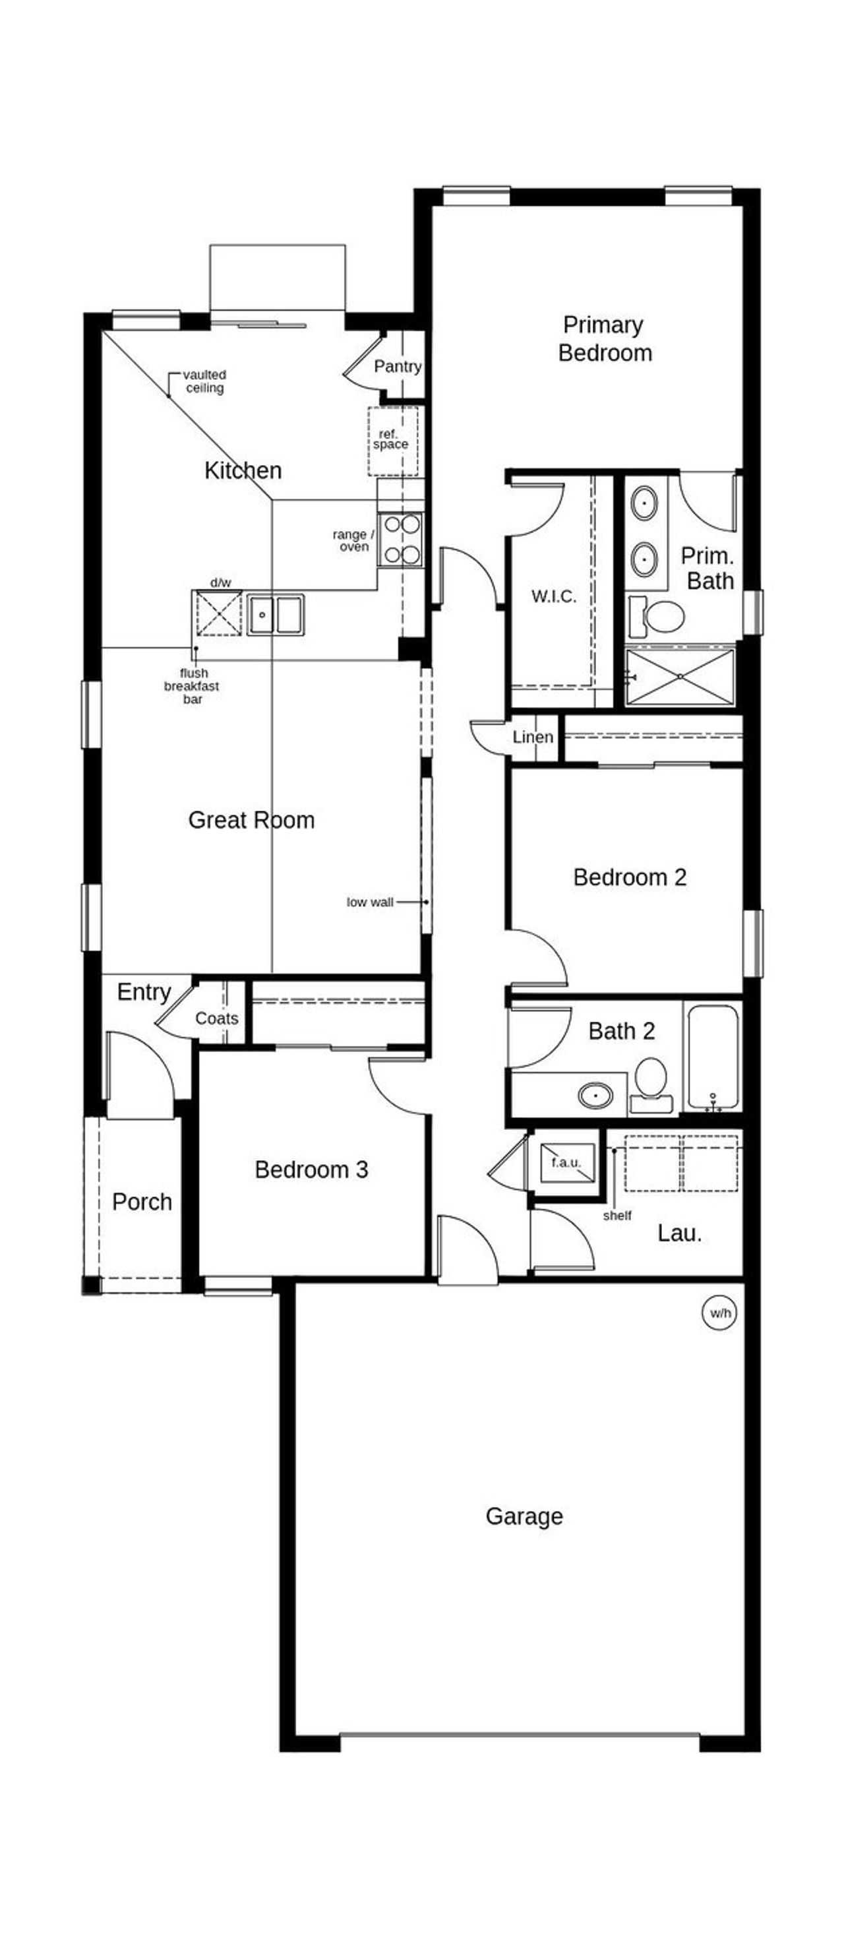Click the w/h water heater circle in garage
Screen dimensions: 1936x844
[x=719, y=1313]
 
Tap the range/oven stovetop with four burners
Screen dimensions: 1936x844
[x=401, y=539]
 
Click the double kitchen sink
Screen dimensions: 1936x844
[x=276, y=614]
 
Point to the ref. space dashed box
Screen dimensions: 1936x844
[x=392, y=441]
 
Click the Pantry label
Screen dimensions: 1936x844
[x=398, y=366]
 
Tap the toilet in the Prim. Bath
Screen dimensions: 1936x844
[x=657, y=616]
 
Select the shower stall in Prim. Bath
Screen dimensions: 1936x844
[x=679, y=676]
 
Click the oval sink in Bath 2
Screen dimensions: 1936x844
[x=595, y=1095]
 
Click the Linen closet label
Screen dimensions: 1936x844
[x=533, y=737]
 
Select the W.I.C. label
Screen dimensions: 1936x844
[x=554, y=597]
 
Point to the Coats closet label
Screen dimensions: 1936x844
[x=216, y=1018]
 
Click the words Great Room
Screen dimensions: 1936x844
[x=251, y=820]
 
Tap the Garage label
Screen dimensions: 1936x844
[x=524, y=1516]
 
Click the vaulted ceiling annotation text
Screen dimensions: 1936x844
[x=204, y=381]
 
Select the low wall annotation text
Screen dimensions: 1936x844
[x=370, y=902]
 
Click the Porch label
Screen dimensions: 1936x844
[x=142, y=1202]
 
